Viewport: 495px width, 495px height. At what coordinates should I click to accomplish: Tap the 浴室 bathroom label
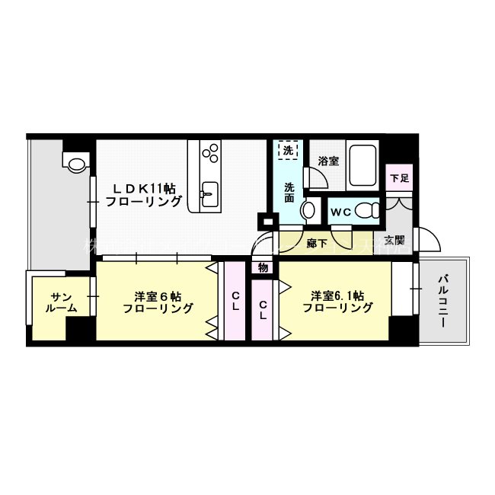(x=328, y=161)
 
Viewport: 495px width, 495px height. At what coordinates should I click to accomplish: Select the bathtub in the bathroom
(x=362, y=166)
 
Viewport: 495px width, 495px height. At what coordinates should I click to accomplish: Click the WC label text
(x=341, y=212)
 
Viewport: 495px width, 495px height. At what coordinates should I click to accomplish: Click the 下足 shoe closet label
(x=399, y=179)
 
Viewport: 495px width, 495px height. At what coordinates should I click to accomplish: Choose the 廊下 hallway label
(x=317, y=244)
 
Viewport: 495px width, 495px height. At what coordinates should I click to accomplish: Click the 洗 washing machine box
(x=287, y=150)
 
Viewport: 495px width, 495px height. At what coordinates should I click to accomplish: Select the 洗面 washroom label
(x=289, y=193)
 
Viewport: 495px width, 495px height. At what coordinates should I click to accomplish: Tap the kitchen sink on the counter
(x=209, y=190)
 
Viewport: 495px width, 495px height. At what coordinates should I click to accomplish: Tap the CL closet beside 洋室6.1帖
(x=263, y=311)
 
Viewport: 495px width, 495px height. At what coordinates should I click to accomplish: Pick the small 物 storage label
(x=263, y=267)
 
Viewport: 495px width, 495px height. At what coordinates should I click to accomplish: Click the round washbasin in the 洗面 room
(x=311, y=211)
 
